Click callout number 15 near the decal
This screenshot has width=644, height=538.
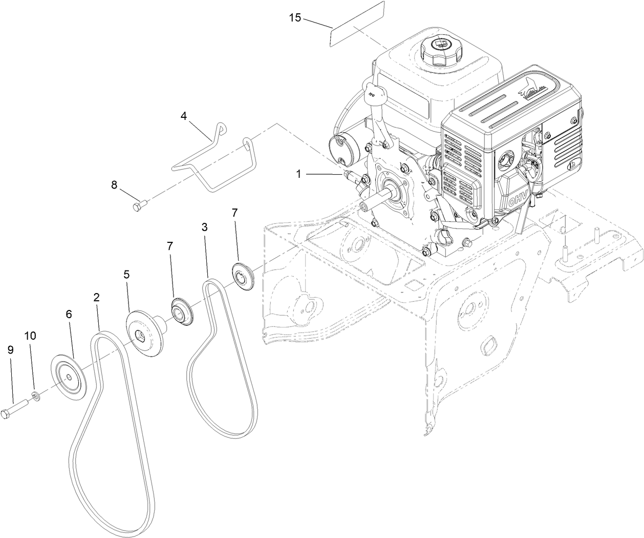[x=295, y=17]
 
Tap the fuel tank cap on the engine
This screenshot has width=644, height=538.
[x=440, y=48]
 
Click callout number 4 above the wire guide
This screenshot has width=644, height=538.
[x=183, y=116]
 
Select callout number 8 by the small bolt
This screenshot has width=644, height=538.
[x=114, y=183]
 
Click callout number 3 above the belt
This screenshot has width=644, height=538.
[x=204, y=227]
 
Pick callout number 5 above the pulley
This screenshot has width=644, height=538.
[x=126, y=274]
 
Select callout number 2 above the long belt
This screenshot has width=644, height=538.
[x=96, y=297]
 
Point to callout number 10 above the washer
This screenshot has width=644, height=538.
[x=30, y=336]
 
